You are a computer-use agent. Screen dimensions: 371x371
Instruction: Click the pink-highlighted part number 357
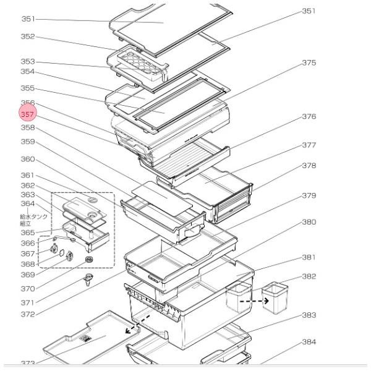[x=28, y=114]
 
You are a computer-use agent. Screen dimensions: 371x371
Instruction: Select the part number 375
[x=309, y=63]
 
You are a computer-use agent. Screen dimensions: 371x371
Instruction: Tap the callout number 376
[x=309, y=116]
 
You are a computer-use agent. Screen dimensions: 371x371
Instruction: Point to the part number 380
[x=309, y=222]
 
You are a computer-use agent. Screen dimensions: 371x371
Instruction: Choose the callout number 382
[x=309, y=276]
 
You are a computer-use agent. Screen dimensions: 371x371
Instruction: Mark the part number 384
[x=309, y=342]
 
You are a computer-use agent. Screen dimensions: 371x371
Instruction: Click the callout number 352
[x=28, y=36]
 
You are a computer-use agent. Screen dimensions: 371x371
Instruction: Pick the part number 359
[x=28, y=142]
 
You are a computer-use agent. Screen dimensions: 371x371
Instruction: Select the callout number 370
[x=28, y=288]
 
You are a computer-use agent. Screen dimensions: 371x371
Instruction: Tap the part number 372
[x=28, y=315]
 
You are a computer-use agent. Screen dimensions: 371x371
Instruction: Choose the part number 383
[x=309, y=315]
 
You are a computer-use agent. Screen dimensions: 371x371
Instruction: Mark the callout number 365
[x=28, y=232]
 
